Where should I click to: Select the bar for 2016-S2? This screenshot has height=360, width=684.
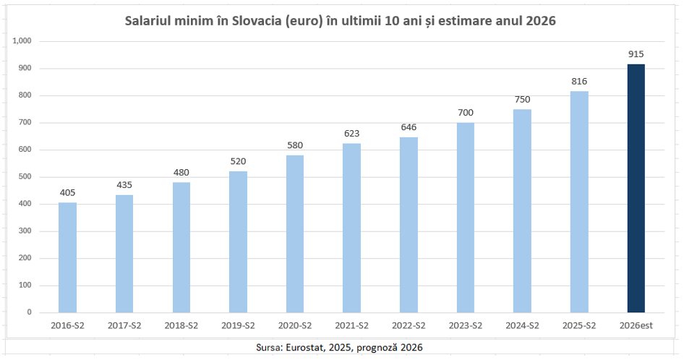point(67,257)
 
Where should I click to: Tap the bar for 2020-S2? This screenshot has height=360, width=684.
point(295,233)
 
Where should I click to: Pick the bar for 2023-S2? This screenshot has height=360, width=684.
point(466,217)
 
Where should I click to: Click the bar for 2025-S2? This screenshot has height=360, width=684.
point(579,202)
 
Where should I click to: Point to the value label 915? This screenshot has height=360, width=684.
point(636,54)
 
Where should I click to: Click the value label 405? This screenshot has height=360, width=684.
point(67,192)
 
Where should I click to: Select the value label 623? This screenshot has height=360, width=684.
point(352,133)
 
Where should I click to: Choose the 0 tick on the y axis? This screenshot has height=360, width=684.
point(30,312)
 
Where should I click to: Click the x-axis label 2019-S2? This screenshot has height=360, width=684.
point(238,326)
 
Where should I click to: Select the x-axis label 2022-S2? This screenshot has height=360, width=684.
point(409,326)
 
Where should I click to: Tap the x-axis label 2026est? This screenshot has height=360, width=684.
point(636,326)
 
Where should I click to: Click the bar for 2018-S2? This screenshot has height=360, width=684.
point(181,247)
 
